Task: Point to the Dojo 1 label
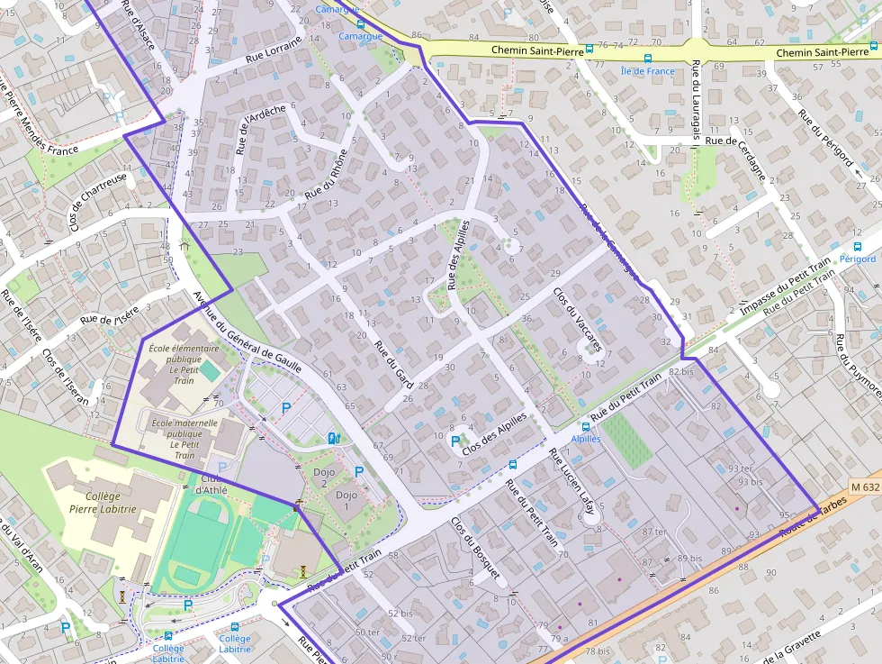pos(346,495)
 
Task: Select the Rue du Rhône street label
pos(325,172)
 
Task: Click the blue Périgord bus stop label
pos(857,259)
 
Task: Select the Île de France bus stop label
pos(647,71)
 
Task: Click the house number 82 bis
pos(680,371)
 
